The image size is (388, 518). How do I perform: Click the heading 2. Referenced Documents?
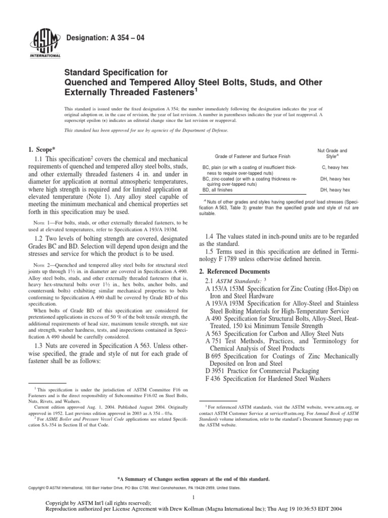[x=234, y=270]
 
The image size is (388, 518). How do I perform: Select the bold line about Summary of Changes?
[x=193, y=479]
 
